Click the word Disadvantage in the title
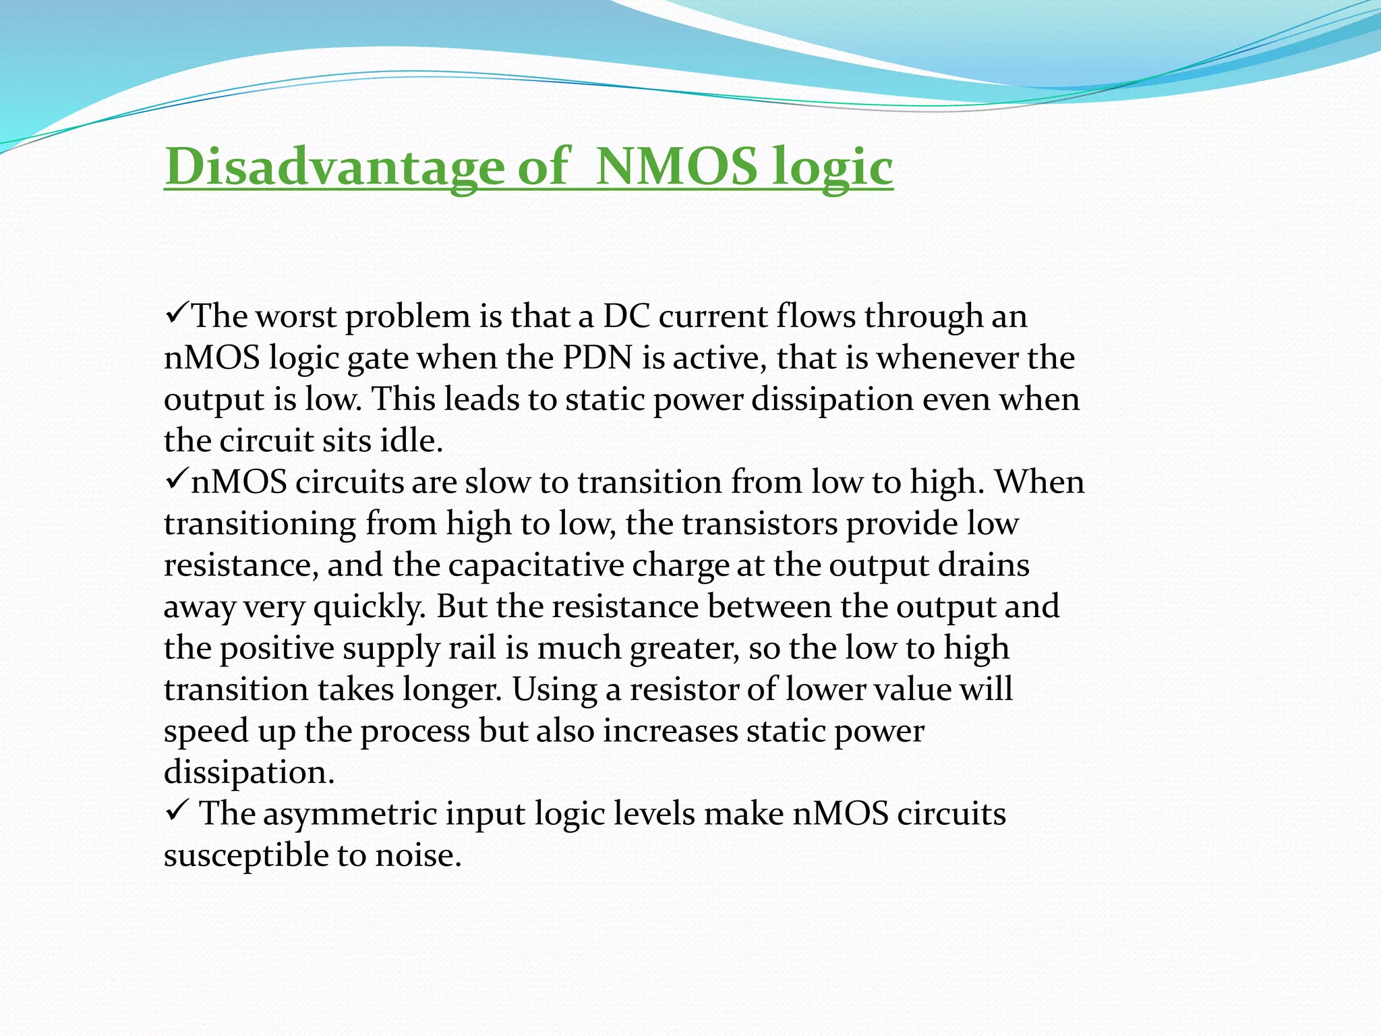pyautogui.click(x=334, y=167)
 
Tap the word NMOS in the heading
pyautogui.click(x=677, y=167)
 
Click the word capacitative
pyautogui.click(x=536, y=565)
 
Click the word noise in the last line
pyautogui.click(x=418, y=856)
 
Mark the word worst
pyautogui.click(x=296, y=316)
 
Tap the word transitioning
pyautogui.click(x=260, y=524)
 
